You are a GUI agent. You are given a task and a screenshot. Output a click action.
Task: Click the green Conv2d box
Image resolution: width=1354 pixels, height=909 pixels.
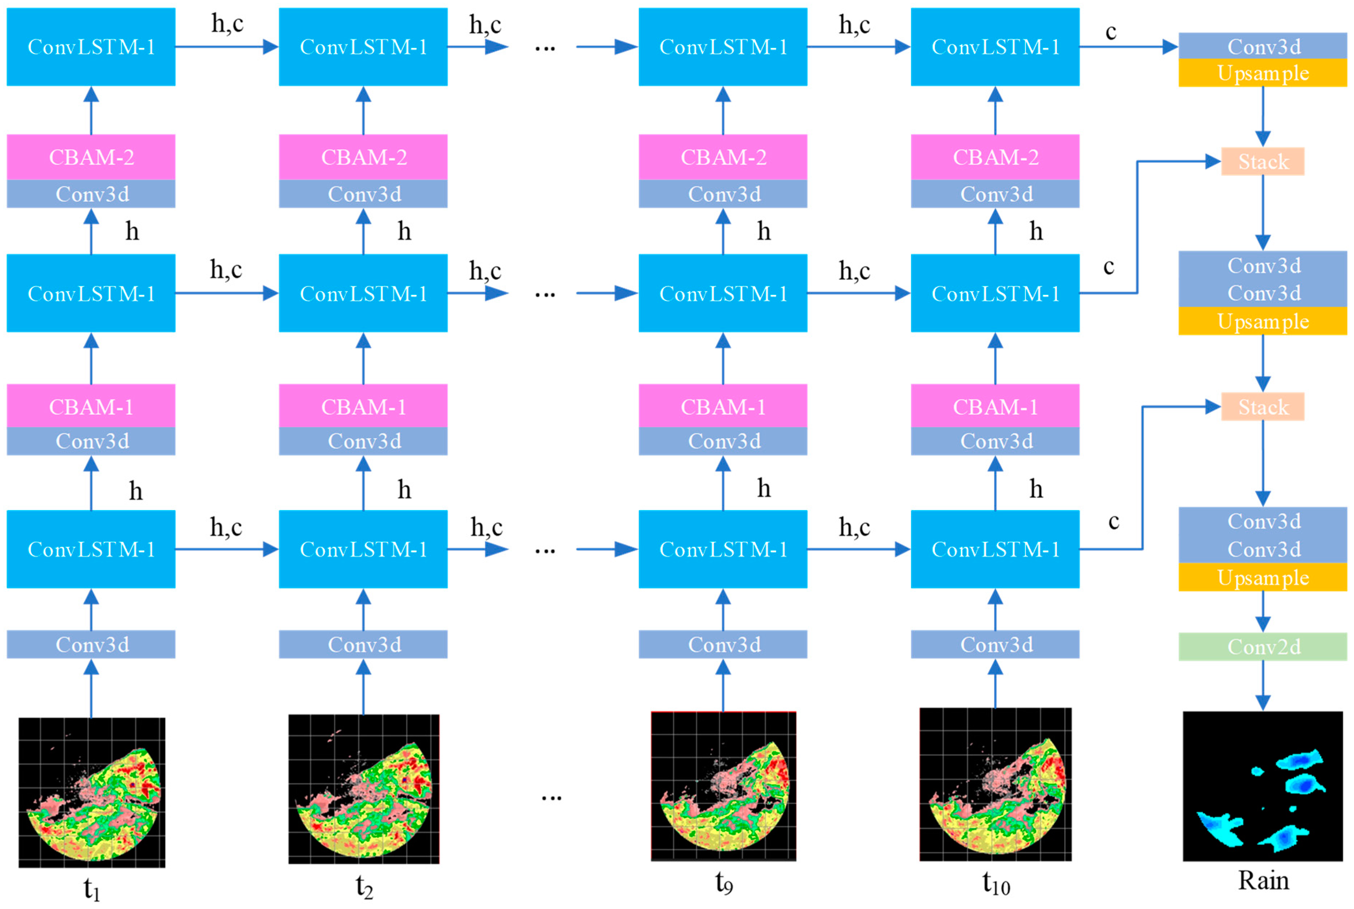[x=1262, y=647]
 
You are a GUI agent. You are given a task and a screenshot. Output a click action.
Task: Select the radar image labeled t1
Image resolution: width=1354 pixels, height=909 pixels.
[x=92, y=792]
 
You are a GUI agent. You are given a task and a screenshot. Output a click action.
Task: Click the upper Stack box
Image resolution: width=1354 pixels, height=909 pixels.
[x=1262, y=161]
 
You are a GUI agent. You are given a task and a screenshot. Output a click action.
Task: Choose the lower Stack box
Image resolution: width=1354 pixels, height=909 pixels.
[x=1262, y=407]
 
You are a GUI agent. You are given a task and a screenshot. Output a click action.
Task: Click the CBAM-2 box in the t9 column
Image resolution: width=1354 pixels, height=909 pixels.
[x=723, y=157]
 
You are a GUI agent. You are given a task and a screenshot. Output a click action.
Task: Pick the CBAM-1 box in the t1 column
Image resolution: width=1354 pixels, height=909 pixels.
[x=91, y=406]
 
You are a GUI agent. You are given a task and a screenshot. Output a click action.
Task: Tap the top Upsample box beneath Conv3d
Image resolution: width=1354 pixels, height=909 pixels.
[x=1262, y=73]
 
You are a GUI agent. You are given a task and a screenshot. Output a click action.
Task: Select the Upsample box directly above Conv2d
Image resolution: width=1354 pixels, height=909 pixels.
[x=1262, y=577]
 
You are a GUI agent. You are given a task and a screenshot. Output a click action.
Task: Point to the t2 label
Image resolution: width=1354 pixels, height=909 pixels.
[x=364, y=886]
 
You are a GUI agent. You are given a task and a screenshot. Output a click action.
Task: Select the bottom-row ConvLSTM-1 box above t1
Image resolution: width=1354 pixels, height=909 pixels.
[x=91, y=549]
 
